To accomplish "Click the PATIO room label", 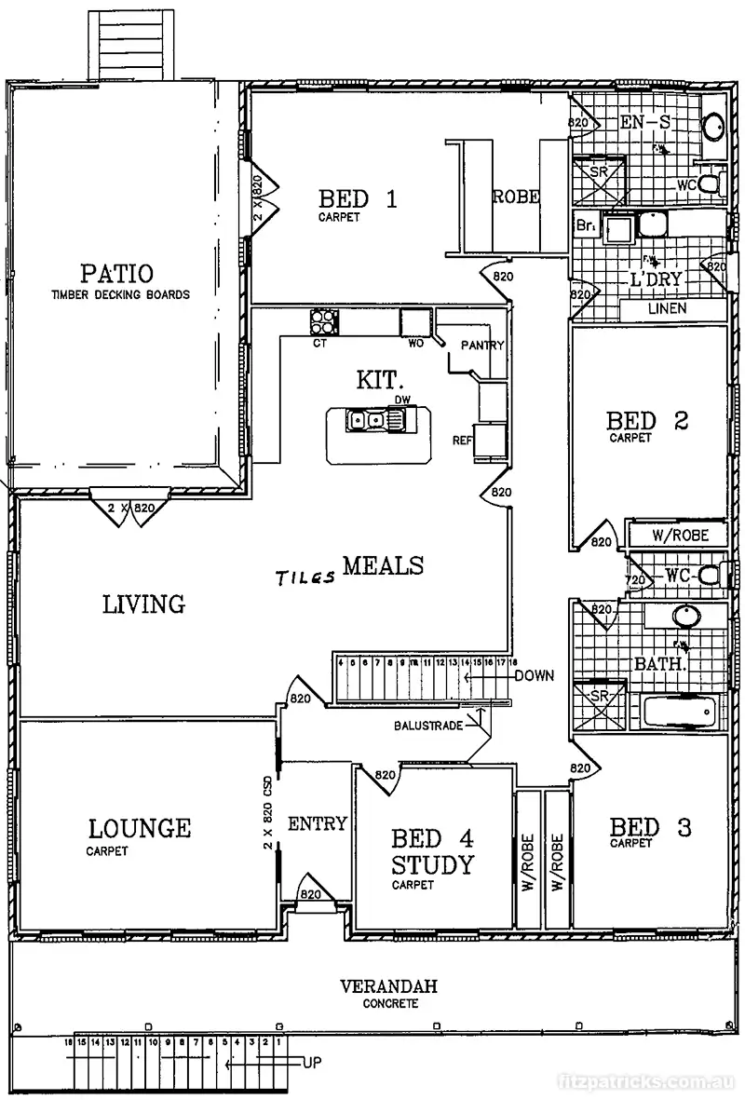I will tap(116, 274).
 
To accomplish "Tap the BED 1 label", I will tap(359, 198).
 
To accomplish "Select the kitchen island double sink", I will tap(365, 421).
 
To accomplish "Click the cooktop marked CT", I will tap(324, 322).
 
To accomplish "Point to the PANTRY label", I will tap(482, 346).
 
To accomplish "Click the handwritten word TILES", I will tap(305, 577).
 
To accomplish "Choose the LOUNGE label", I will tap(140, 827).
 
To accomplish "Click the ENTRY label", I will tap(317, 823).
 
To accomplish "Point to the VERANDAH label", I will tap(389, 986).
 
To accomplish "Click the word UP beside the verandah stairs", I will tap(312, 1061).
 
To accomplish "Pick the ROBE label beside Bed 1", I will tap(516, 197).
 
